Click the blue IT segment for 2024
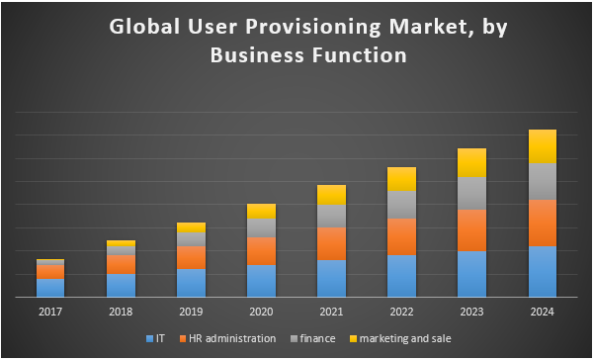(x=543, y=271)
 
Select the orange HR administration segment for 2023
(x=472, y=230)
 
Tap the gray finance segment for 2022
(x=402, y=205)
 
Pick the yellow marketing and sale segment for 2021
(x=332, y=195)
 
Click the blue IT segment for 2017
(x=50, y=287)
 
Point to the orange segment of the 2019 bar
(x=192, y=257)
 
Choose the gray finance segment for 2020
(x=262, y=228)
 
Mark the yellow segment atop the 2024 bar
(x=543, y=146)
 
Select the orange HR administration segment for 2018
(x=122, y=264)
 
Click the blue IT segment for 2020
(x=262, y=280)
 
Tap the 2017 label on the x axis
(x=50, y=313)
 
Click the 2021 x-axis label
(x=332, y=313)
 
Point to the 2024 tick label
(x=543, y=313)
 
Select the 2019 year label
(x=192, y=313)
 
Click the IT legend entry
(x=155, y=338)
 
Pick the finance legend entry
(x=315, y=338)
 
